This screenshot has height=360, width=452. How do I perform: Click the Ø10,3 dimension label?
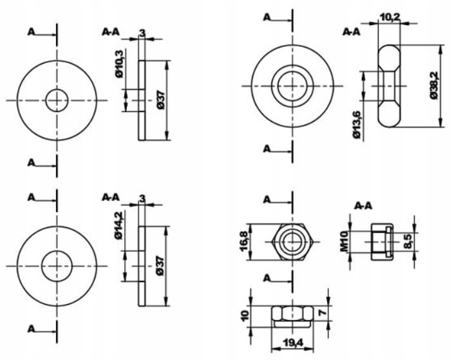coord(120,64)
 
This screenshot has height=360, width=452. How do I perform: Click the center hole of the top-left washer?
coord(57,100)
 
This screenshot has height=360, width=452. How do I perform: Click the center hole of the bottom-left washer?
coord(57,265)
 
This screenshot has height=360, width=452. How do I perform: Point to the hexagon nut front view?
coord(293,242)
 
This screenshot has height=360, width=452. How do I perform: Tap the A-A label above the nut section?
coord(364,206)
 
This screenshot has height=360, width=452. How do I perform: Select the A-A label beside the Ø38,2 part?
coord(352,31)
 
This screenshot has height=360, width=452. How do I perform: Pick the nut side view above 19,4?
coord(293,314)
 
